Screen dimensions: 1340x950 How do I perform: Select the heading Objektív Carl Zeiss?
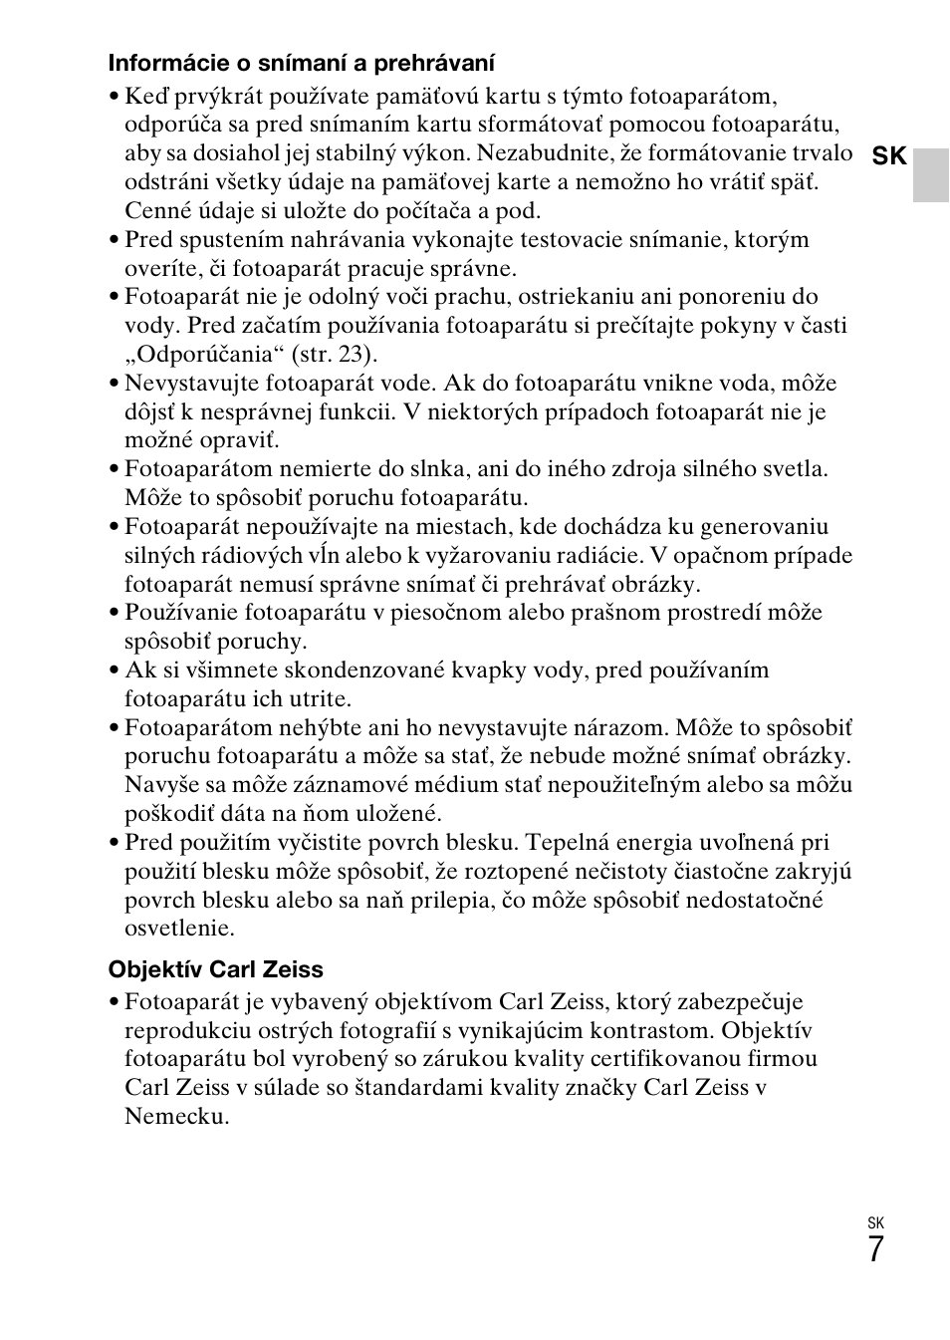[x=215, y=969]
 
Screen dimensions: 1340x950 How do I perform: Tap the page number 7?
[x=874, y=1249]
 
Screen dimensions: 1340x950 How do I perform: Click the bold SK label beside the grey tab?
[x=889, y=156]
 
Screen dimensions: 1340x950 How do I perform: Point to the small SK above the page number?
[x=875, y=1223]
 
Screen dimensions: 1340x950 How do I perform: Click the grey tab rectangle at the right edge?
[x=931, y=175]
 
